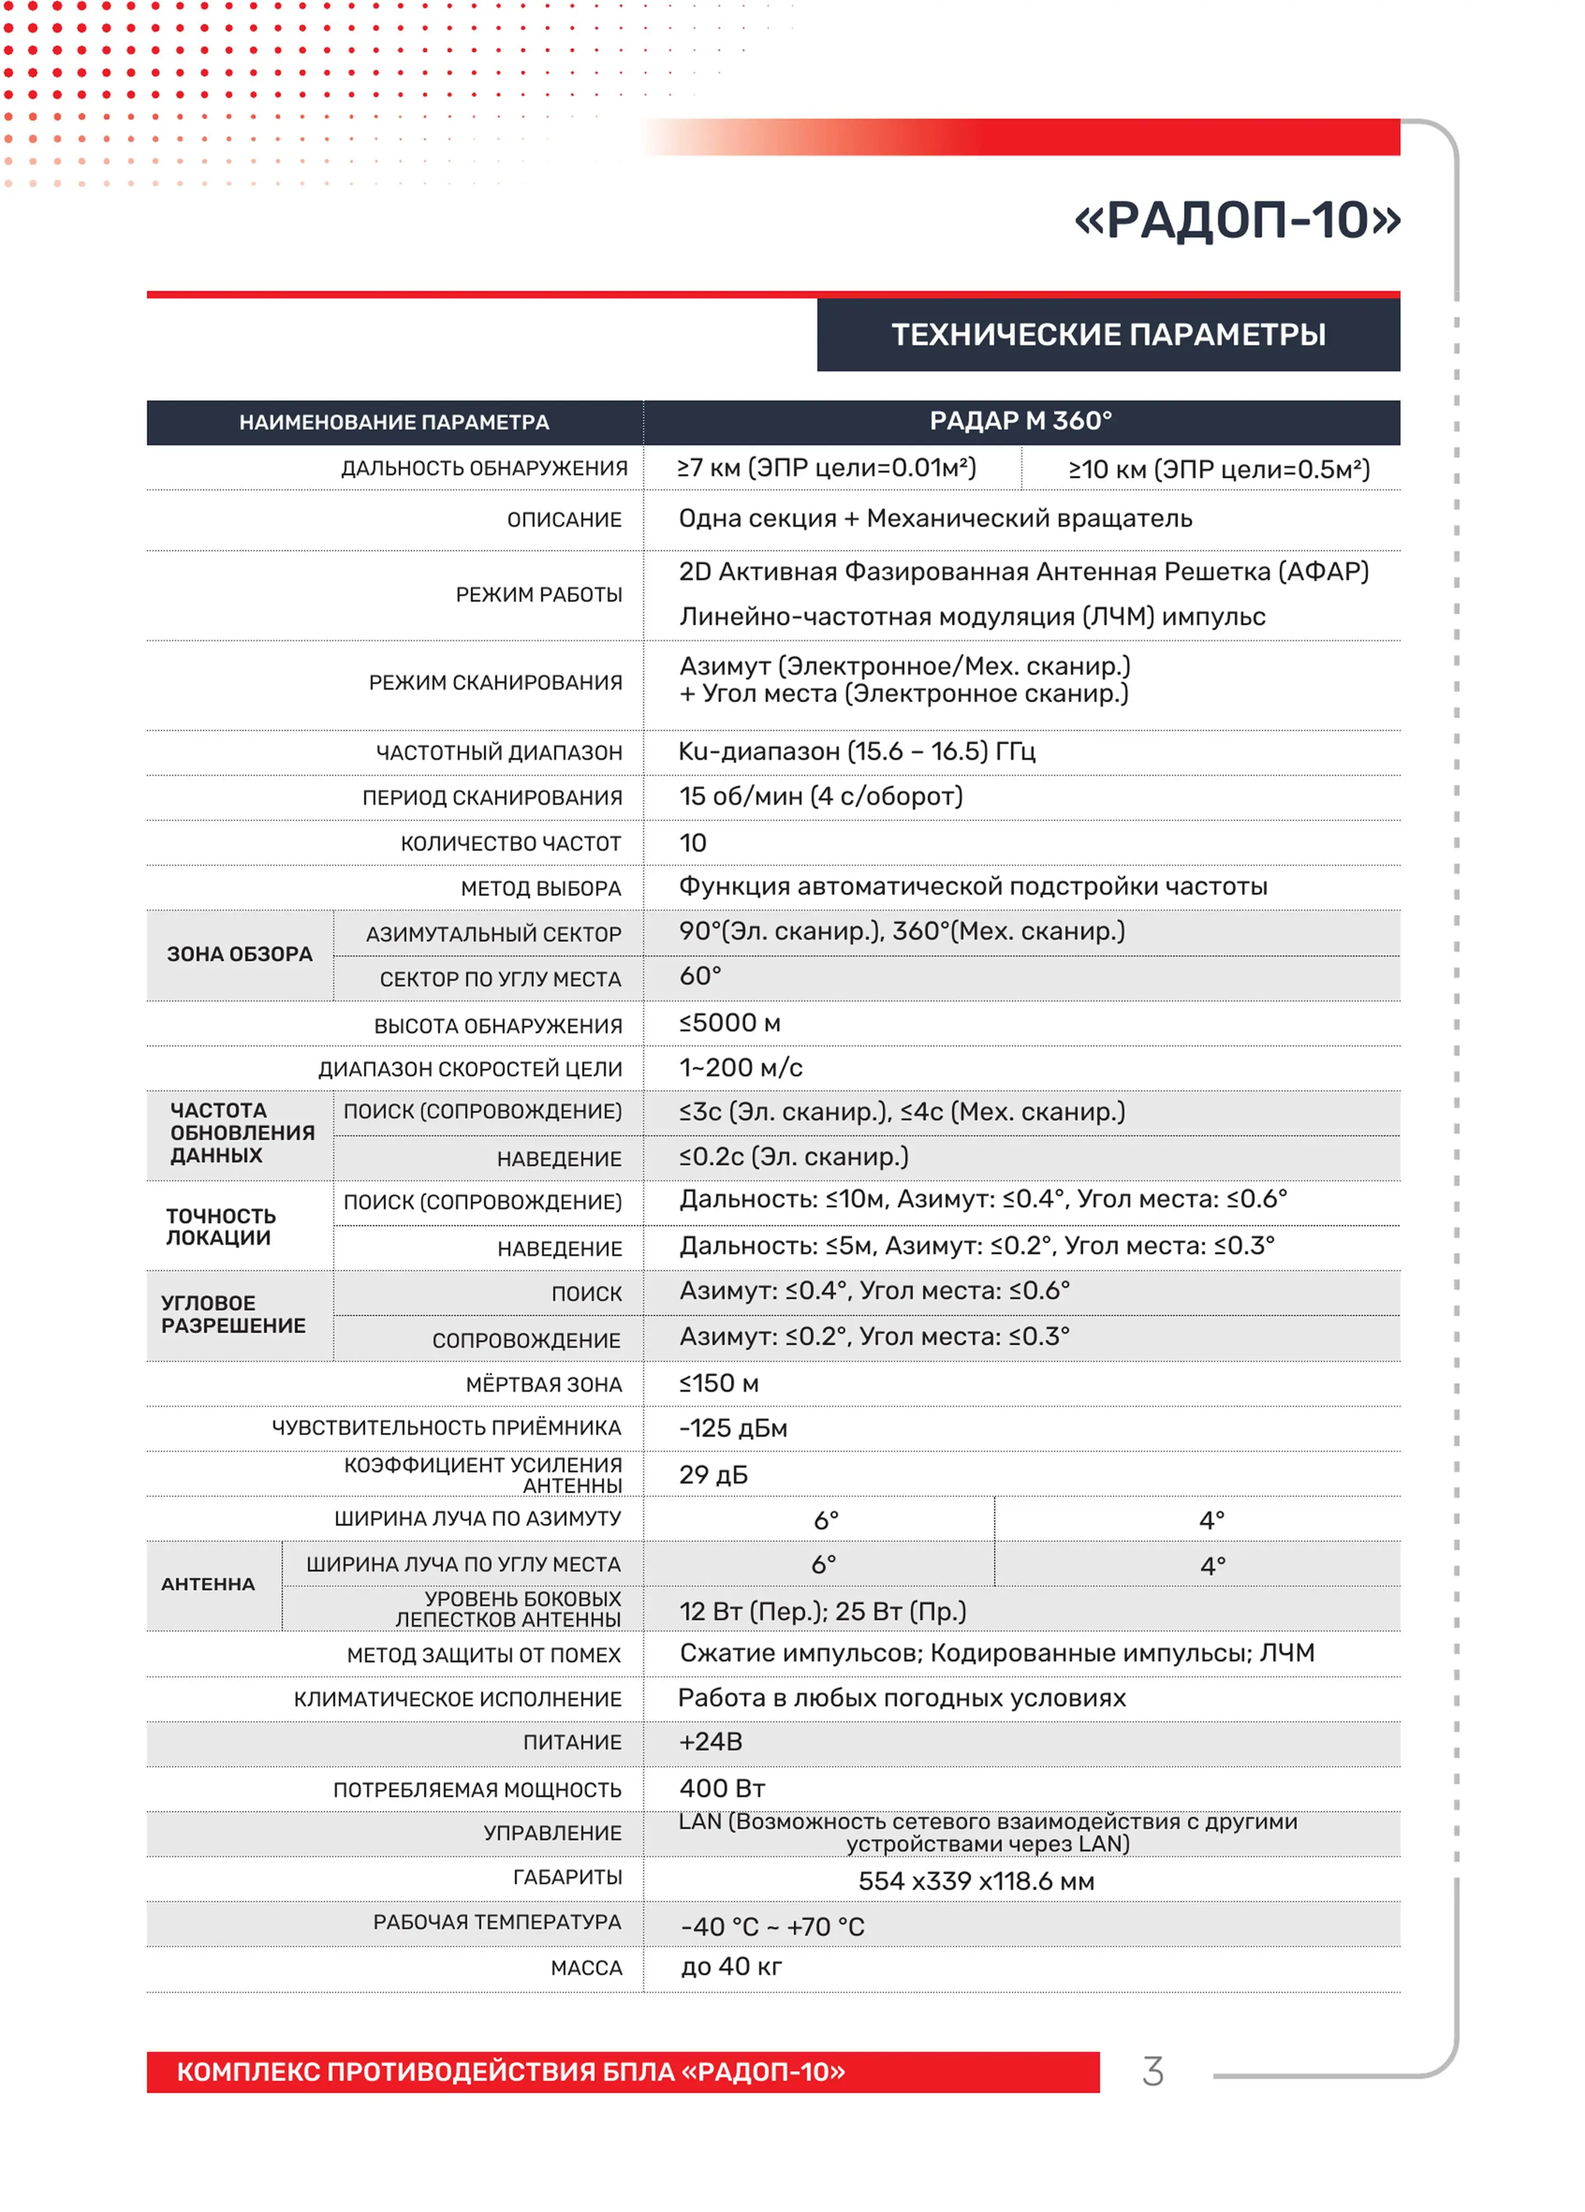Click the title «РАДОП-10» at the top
click(x=1236, y=220)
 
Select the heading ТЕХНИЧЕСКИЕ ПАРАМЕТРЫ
click(x=1107, y=335)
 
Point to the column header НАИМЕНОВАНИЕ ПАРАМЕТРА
click(x=394, y=422)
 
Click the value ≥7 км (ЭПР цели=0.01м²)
click(x=826, y=468)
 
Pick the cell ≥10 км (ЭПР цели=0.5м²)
click(x=1218, y=469)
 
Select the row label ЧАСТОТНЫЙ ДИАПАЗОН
click(x=499, y=752)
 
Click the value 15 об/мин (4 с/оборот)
click(x=821, y=796)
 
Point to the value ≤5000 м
click(x=730, y=1022)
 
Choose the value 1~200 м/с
click(x=740, y=1067)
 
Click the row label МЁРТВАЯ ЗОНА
click(x=543, y=1384)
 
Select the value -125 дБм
click(x=733, y=1428)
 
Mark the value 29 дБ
click(x=713, y=1474)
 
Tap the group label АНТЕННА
click(x=208, y=1584)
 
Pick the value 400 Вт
click(x=722, y=1788)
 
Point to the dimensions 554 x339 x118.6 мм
click(x=975, y=1881)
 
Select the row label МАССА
click(x=586, y=1967)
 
